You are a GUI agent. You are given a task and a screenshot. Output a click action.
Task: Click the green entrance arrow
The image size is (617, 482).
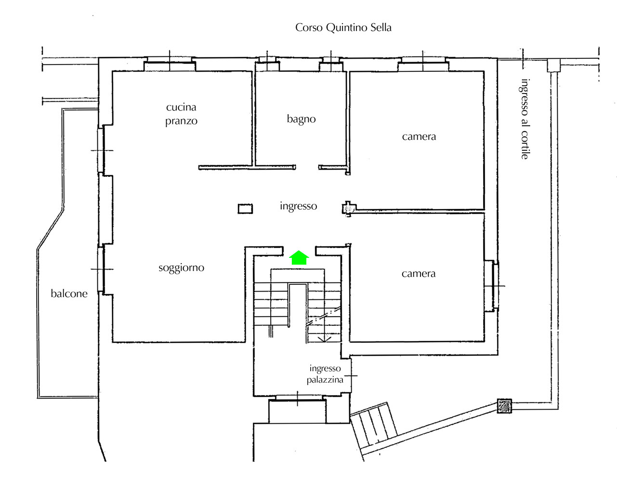point(299,257)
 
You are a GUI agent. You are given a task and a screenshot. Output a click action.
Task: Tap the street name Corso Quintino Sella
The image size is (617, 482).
point(343,27)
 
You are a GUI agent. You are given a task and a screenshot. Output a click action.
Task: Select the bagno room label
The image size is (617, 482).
point(301,119)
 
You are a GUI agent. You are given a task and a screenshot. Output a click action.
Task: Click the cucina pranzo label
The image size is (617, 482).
point(181,114)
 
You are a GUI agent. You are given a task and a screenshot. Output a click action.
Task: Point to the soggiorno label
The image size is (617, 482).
point(181,268)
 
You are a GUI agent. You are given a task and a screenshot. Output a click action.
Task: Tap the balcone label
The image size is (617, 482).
point(69,294)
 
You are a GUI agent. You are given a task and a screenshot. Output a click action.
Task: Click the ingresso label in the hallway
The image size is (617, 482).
point(298,206)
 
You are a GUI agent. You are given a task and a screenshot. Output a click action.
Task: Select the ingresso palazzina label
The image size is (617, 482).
point(325,374)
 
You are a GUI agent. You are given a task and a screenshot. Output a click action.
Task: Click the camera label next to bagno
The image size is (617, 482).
point(419,136)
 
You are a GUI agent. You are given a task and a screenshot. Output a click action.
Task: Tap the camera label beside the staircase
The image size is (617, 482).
point(418,273)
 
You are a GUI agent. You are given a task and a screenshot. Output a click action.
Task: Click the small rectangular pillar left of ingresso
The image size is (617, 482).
point(245,209)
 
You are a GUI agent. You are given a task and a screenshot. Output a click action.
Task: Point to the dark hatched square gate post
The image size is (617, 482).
point(504,406)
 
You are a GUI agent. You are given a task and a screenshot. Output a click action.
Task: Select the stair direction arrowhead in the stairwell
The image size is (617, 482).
point(324,338)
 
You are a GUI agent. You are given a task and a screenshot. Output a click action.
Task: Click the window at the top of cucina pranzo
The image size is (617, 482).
point(170,64)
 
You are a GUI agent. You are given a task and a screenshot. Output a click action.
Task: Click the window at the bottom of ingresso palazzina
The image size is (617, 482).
point(297,398)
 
